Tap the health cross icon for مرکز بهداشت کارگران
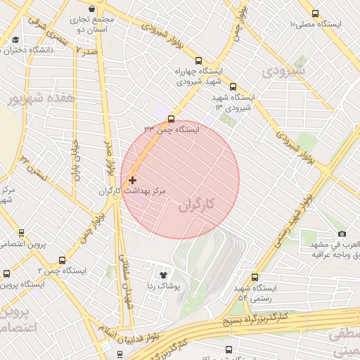tap(133, 181)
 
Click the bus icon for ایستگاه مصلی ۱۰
tap(314, 13)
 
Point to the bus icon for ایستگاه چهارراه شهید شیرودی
tap(199, 60)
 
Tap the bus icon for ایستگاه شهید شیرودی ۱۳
tap(233, 87)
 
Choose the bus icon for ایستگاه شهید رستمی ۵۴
tap(255, 277)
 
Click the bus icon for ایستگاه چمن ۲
tap(62, 260)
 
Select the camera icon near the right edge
tap(342, 233)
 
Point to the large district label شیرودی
tap(283, 71)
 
